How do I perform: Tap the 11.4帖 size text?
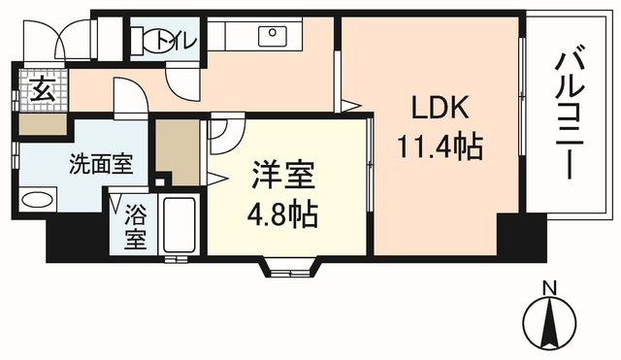(440, 147)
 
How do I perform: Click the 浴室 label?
(135, 226)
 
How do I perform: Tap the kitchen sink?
(271, 37)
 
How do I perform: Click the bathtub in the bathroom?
(180, 225)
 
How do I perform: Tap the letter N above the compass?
(549, 287)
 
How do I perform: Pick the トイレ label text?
(184, 40)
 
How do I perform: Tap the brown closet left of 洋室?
(177, 149)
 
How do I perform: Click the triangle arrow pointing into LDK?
(349, 104)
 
